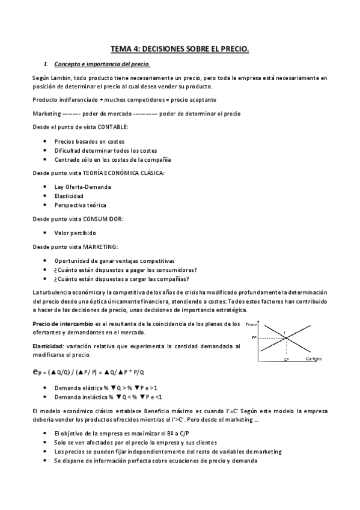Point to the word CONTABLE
tap(113, 127)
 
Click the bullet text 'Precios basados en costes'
tap(90, 141)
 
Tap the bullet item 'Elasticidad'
tap(69, 196)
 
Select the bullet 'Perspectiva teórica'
tap(80, 205)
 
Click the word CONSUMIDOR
tap(103, 219)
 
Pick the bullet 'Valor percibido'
tap(75, 233)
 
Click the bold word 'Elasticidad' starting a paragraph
tap(49, 346)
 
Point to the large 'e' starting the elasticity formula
tap(37, 372)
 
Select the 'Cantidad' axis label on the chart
tap(313, 360)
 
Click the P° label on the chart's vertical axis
tap(254, 338)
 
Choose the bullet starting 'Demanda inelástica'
tap(108, 397)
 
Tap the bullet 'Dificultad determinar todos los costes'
tap(106, 150)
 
